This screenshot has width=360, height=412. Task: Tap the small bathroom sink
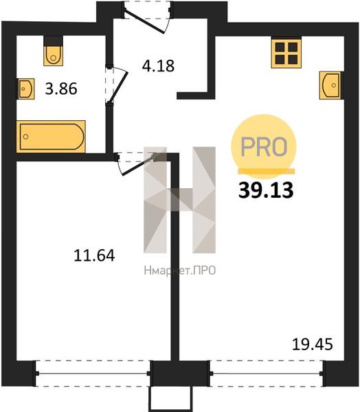[x=26, y=89]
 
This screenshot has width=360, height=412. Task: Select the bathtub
[x=51, y=137]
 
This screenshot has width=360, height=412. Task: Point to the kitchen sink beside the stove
[x=330, y=85]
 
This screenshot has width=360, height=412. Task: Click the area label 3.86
[x=61, y=89]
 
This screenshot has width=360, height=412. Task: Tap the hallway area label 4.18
[x=158, y=66]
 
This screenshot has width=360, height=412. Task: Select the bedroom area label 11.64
[x=94, y=255]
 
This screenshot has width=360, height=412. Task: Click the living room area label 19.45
[x=313, y=345]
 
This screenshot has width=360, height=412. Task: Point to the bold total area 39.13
[x=266, y=190]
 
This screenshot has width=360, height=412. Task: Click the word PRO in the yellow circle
[x=264, y=147]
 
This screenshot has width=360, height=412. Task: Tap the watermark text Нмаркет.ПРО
[x=180, y=271]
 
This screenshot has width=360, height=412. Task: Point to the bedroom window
[x=93, y=373]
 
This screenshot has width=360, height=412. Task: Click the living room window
[x=267, y=373]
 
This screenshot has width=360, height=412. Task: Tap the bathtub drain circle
[x=26, y=137]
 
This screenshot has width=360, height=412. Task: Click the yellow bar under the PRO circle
[x=266, y=171]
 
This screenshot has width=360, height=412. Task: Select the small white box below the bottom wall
[x=170, y=399]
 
